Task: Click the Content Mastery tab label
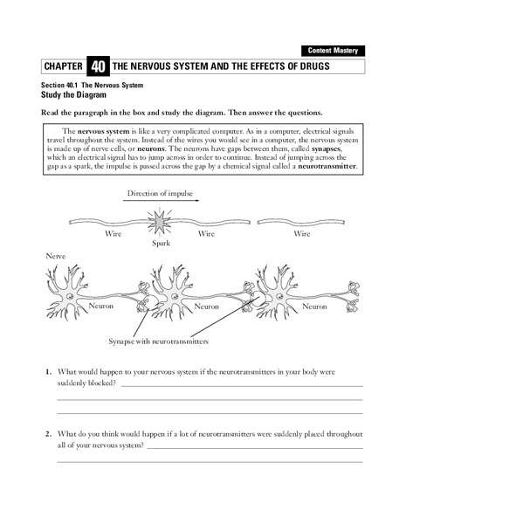point(333,51)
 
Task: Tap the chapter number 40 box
point(98,66)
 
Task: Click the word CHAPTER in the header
point(64,67)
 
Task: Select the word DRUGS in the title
point(308,66)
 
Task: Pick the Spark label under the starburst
point(161,244)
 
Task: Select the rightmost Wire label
point(301,234)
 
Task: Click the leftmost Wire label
point(114,234)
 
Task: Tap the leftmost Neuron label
point(101,307)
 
